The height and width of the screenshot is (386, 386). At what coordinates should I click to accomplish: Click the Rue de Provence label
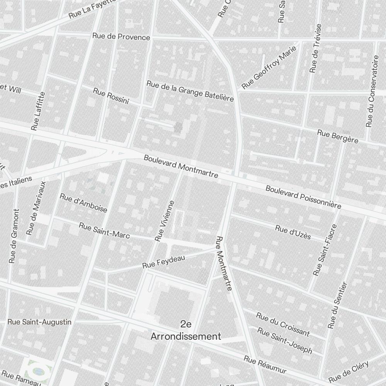pyautogui.click(x=121, y=37)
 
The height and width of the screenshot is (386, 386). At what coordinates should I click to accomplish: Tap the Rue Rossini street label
pyautogui.click(x=111, y=96)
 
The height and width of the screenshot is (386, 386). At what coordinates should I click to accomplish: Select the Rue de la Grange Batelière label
pyautogui.click(x=190, y=91)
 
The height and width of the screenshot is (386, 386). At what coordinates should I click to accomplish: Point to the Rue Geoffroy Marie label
pyautogui.click(x=269, y=67)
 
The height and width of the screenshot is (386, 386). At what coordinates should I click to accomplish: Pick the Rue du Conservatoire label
pyautogui.click(x=373, y=91)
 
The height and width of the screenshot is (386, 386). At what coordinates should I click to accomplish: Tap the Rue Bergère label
pyautogui.click(x=337, y=136)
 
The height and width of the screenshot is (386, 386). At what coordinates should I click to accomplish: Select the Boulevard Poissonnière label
pyautogui.click(x=303, y=197)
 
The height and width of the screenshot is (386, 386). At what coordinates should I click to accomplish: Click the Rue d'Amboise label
pyautogui.click(x=83, y=203)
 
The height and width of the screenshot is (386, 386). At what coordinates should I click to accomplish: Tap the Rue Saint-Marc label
pyautogui.click(x=104, y=230)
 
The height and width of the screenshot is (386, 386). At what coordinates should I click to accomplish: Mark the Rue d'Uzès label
pyautogui.click(x=293, y=232)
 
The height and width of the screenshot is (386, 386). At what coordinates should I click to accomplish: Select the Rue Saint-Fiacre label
pyautogui.click(x=325, y=250)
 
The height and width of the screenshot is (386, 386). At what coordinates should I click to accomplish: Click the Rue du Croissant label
pyautogui.click(x=283, y=323)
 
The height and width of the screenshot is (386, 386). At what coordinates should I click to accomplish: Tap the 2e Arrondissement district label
pyautogui.click(x=186, y=330)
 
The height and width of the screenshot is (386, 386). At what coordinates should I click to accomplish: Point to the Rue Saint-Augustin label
pyautogui.click(x=40, y=322)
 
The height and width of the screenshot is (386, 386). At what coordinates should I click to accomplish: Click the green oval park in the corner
pyautogui.click(x=38, y=371)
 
